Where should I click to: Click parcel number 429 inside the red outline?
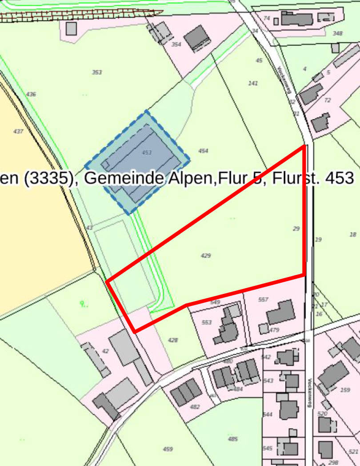(206, 256)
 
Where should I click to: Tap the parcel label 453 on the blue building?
(147, 153)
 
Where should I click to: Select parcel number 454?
(203, 151)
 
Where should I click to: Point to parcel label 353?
(97, 72)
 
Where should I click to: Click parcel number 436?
(31, 94)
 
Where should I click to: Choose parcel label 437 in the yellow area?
(18, 132)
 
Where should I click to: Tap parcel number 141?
(253, 83)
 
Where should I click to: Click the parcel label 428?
(173, 340)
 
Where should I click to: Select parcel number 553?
(207, 322)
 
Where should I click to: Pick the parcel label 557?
(263, 300)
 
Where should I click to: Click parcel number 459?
(168, 449)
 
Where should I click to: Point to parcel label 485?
(233, 439)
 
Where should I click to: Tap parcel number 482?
(195, 406)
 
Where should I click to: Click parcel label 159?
(345, 390)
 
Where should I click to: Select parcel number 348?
(338, 34)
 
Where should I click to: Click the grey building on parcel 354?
(197, 38)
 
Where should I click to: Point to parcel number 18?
(353, 234)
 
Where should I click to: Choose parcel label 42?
(105, 351)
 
